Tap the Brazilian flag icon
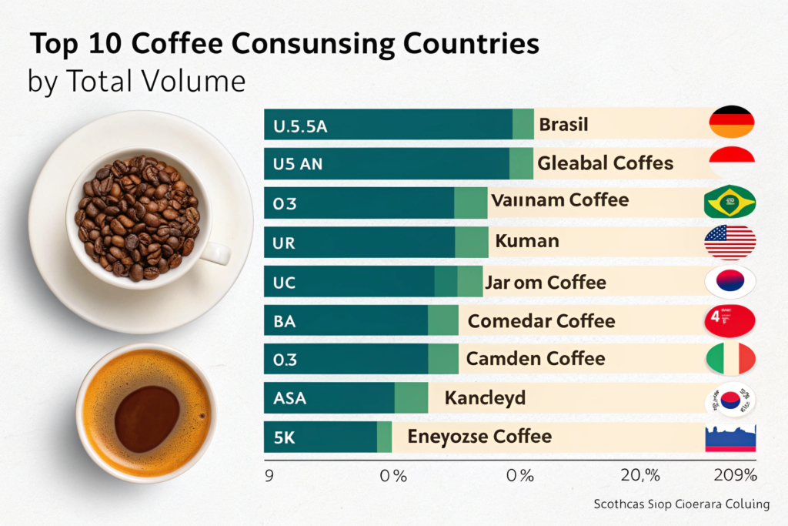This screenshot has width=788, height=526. click(730, 203)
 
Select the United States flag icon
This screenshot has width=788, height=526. click(730, 243)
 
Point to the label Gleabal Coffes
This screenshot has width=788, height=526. click(605, 163)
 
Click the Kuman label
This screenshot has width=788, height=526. click(527, 242)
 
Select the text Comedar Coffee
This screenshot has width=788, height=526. click(541, 320)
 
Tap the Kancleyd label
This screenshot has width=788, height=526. click(485, 398)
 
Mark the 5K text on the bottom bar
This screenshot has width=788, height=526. click(284, 437)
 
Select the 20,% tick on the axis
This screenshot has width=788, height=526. click(640, 476)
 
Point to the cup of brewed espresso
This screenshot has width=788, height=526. click(146, 413)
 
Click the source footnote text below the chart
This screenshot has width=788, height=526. click(681, 505)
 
